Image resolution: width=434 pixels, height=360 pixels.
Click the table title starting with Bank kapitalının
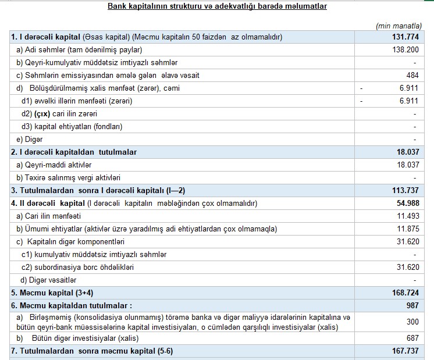click(x=217, y=6)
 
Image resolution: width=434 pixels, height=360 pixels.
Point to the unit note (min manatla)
click(x=399, y=26)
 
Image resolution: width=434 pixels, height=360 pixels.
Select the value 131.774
click(x=405, y=37)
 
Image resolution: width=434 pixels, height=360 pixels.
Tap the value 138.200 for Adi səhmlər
click(x=405, y=50)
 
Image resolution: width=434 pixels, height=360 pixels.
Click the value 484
click(x=412, y=76)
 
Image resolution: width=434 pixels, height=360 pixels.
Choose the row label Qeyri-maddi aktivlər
click(x=53, y=165)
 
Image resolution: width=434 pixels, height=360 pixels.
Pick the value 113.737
click(x=405, y=190)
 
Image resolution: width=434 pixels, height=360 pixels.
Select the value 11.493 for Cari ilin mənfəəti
click(x=407, y=216)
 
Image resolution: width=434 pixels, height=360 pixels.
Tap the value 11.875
click(x=407, y=229)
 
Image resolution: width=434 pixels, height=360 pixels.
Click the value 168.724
click(x=405, y=293)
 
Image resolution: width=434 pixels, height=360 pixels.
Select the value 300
click(x=412, y=322)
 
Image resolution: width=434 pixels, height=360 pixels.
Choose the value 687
click(x=412, y=338)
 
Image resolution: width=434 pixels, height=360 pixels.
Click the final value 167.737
click(x=405, y=351)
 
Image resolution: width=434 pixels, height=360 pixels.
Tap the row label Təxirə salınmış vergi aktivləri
click(x=71, y=177)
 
